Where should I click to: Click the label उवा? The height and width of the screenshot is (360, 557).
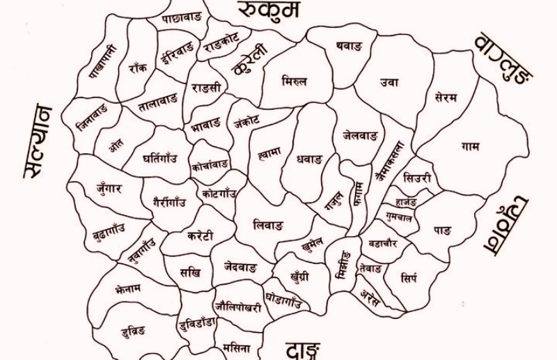[389, 82]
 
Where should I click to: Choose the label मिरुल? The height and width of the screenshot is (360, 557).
[294, 82]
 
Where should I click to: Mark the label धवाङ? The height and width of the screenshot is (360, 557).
[309, 159]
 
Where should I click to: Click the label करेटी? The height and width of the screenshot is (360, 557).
[201, 234]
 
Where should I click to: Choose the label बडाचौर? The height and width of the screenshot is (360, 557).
[382, 243]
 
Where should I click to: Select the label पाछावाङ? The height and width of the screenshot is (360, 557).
[182, 19]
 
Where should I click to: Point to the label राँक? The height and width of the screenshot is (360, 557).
[137, 68]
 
